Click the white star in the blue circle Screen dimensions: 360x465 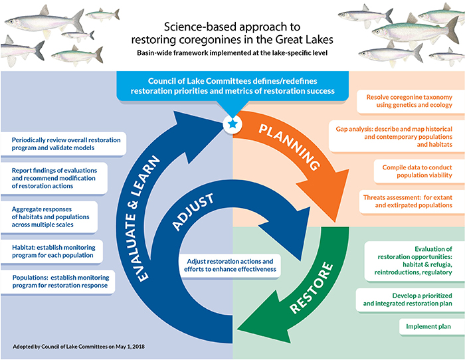click(232, 124)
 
